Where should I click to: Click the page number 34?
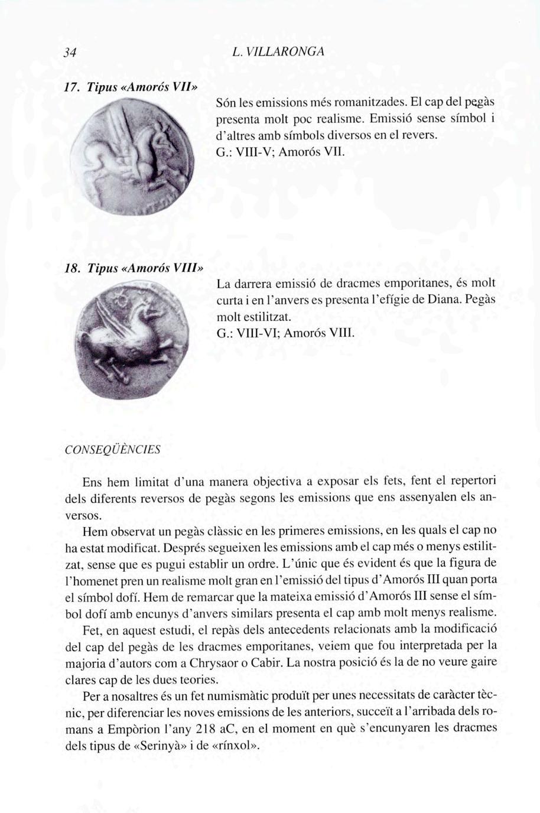pyautogui.click(x=71, y=52)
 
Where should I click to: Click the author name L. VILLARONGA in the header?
pyautogui.click(x=278, y=51)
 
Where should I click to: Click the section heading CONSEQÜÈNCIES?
pyautogui.click(x=112, y=449)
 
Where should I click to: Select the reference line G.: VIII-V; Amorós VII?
pyautogui.click(x=279, y=151)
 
